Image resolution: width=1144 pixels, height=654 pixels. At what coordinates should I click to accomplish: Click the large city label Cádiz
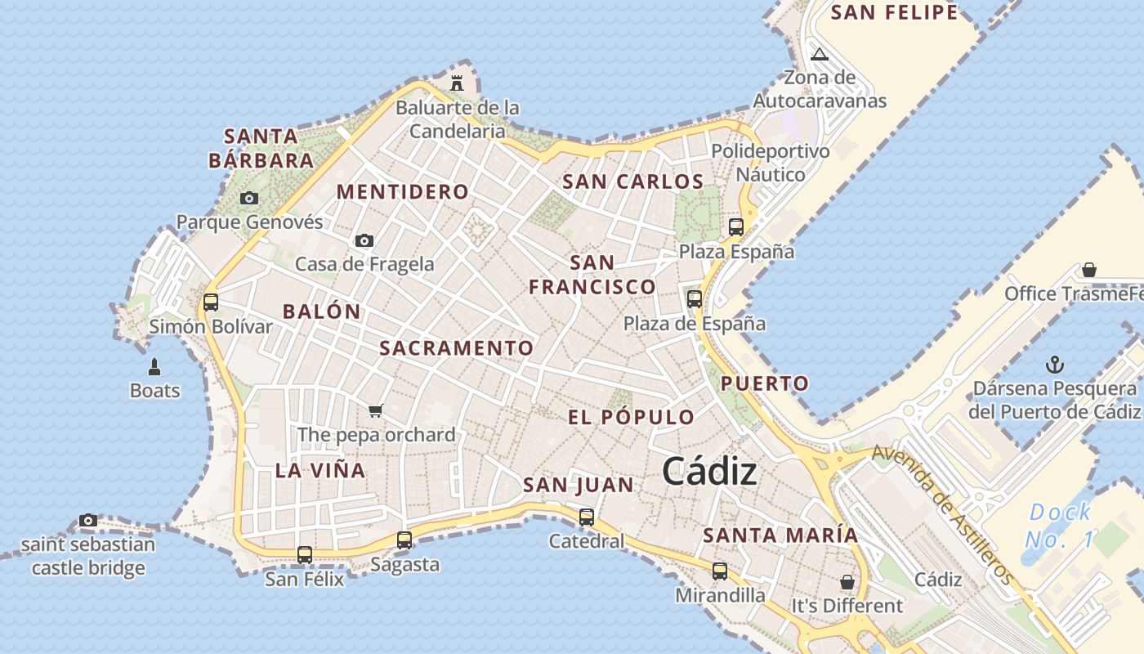[708, 472]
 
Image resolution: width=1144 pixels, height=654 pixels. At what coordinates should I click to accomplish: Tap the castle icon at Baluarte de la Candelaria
[457, 83]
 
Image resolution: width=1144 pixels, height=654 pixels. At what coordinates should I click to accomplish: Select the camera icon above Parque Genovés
[249, 198]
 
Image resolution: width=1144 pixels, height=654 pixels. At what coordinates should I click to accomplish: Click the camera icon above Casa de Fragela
[364, 240]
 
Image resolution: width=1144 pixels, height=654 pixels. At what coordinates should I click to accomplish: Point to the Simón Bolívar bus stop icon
[210, 302]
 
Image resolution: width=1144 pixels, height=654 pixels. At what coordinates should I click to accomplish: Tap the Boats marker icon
[154, 367]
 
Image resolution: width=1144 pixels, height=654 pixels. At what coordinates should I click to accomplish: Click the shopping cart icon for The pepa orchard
[375, 410]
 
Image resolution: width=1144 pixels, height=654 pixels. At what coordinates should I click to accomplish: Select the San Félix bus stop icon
[305, 555]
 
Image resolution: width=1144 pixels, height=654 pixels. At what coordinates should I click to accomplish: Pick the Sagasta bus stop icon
[404, 540]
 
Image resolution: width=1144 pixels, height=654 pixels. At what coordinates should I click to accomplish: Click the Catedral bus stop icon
[587, 517]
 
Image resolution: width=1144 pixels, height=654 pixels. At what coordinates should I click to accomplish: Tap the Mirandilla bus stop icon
[720, 571]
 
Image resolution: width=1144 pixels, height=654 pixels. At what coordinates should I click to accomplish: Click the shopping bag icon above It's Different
[847, 582]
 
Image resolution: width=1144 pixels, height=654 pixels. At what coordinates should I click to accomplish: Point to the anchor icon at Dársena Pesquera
[1054, 365]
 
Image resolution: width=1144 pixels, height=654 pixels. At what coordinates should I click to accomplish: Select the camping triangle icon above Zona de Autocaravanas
[820, 55]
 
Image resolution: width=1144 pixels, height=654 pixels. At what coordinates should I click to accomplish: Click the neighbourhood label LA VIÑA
[320, 471]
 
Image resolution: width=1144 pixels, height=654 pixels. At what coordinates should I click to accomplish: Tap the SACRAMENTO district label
[456, 348]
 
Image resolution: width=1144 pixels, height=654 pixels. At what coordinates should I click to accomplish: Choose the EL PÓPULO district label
[631, 418]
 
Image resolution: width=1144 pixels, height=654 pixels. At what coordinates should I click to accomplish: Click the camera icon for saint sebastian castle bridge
[88, 521]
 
